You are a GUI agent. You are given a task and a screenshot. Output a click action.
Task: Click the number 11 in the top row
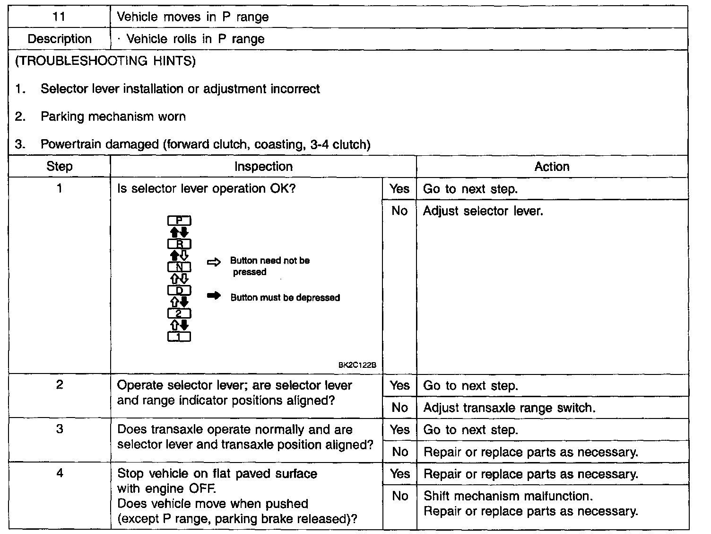click(x=59, y=17)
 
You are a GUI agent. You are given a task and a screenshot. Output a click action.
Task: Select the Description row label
click(x=60, y=39)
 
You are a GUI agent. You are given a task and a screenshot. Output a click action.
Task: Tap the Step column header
click(x=60, y=167)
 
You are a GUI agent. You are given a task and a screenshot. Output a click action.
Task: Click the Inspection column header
click(x=263, y=167)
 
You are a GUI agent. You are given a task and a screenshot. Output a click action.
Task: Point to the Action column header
click(x=552, y=167)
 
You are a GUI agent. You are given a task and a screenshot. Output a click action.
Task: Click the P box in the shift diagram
click(x=179, y=221)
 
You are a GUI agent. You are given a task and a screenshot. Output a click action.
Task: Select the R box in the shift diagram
click(x=179, y=244)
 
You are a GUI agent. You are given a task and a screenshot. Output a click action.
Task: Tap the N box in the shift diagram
click(x=179, y=267)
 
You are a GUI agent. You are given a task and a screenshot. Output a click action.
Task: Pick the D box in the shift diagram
click(x=179, y=290)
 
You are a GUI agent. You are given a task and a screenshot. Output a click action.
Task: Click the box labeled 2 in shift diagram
click(x=179, y=313)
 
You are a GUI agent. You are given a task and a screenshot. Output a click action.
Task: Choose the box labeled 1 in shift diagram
click(x=179, y=337)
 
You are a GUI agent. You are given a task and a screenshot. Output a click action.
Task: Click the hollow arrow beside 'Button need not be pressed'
click(x=214, y=262)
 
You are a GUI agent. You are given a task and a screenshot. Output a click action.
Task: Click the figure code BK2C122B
click(x=357, y=365)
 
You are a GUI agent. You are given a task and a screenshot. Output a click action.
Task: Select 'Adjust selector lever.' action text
click(x=483, y=211)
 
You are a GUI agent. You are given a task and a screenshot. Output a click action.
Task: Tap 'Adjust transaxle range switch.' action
click(x=509, y=408)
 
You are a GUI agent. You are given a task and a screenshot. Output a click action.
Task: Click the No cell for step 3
click(x=399, y=452)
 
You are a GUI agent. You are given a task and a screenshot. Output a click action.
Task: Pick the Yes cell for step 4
click(x=399, y=474)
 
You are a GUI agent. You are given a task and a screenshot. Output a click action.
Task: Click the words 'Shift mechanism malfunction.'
click(x=508, y=496)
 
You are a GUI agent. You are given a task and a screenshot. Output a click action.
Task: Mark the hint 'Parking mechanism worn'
click(x=113, y=116)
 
